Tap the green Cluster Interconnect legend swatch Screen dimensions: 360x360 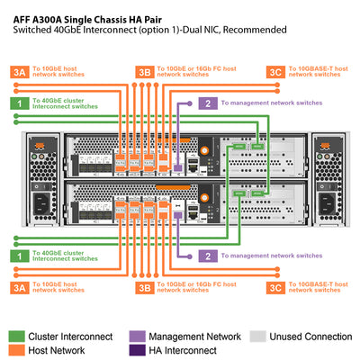click(x=17, y=337)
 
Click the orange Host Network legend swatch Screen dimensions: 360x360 click(x=17, y=350)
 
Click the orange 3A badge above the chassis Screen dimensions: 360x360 click(x=19, y=71)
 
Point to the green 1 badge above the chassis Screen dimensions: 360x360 click(x=19, y=104)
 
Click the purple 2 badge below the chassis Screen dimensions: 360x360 click(x=208, y=256)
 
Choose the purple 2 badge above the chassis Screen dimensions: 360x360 click(x=208, y=104)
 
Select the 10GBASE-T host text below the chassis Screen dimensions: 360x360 click(x=321, y=283)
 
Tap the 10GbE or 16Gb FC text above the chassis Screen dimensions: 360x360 click(x=196, y=67)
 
